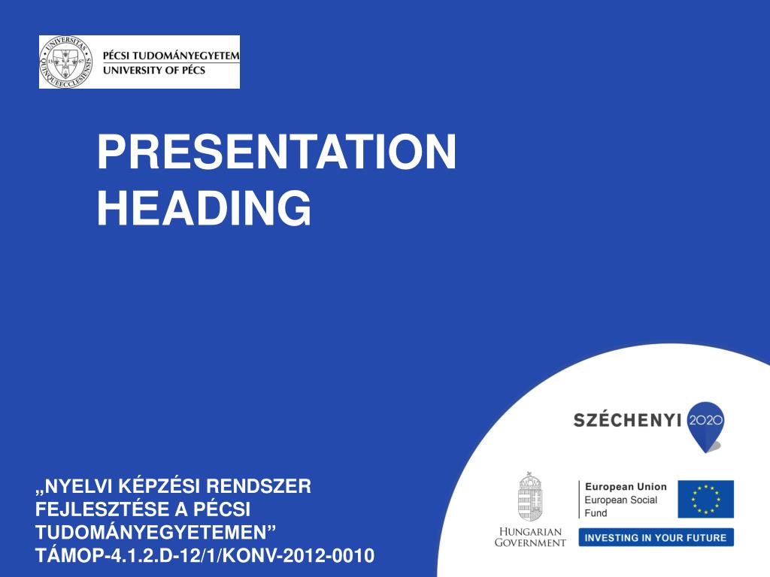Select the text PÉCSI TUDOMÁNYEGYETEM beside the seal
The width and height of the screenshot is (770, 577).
tap(171, 56)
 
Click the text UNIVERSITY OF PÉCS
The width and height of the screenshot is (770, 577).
tap(153, 70)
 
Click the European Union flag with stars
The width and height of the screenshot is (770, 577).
tap(705, 499)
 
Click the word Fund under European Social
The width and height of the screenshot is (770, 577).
tap(596, 513)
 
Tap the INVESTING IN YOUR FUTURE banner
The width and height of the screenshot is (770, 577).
tap(656, 538)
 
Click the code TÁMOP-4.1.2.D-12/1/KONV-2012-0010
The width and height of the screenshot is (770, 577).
tap(205, 557)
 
